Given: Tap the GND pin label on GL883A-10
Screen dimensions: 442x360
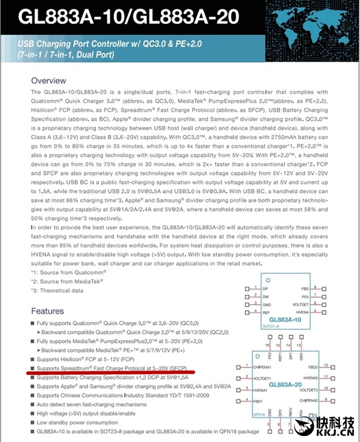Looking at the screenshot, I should [x=268, y=304].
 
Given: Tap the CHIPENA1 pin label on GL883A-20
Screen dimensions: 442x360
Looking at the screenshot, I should [x=266, y=366].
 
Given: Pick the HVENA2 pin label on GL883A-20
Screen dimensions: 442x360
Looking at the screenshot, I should [x=308, y=377].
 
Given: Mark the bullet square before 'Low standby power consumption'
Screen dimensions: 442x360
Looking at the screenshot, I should [x=33, y=422].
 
